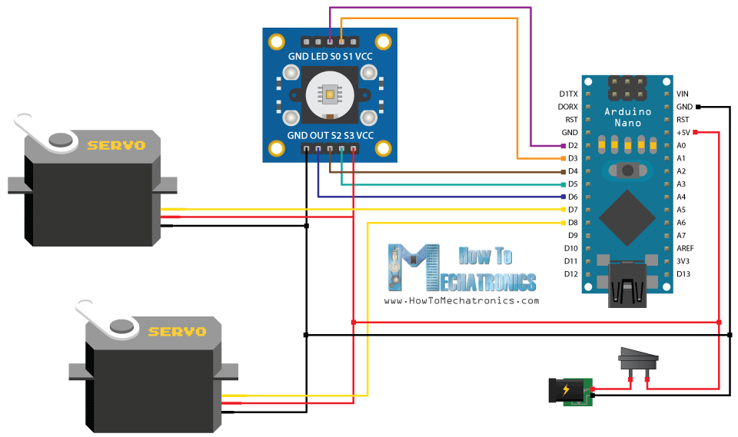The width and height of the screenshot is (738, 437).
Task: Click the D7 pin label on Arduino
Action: (x=572, y=210)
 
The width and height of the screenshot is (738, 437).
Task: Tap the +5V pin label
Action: (x=683, y=132)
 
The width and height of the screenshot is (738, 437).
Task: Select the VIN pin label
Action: (x=683, y=94)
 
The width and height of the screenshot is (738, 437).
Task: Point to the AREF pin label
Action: (x=686, y=248)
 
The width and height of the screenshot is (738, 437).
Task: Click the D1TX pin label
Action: (x=568, y=94)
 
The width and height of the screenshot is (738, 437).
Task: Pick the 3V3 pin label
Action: (x=683, y=261)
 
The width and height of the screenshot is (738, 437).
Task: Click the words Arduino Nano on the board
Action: (x=627, y=117)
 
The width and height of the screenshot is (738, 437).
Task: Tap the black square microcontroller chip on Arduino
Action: (x=627, y=218)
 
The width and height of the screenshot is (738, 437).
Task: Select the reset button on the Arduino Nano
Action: (x=628, y=170)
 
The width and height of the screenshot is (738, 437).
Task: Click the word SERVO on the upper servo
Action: (x=116, y=144)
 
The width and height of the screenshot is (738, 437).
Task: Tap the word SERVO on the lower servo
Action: (x=178, y=332)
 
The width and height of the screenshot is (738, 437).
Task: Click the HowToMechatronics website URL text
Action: (x=461, y=301)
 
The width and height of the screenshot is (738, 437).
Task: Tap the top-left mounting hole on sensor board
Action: (x=277, y=41)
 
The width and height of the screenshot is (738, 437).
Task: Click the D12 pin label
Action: (x=570, y=274)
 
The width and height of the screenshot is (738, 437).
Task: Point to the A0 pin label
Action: (x=681, y=145)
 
